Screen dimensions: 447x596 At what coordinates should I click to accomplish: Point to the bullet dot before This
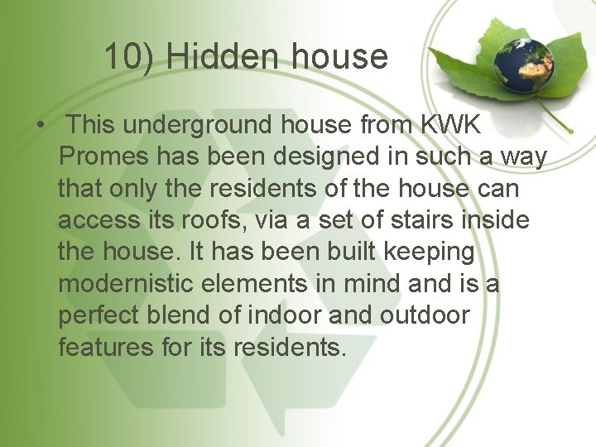pos(40,126)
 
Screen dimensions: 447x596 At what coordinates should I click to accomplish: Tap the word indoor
pos(284,315)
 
